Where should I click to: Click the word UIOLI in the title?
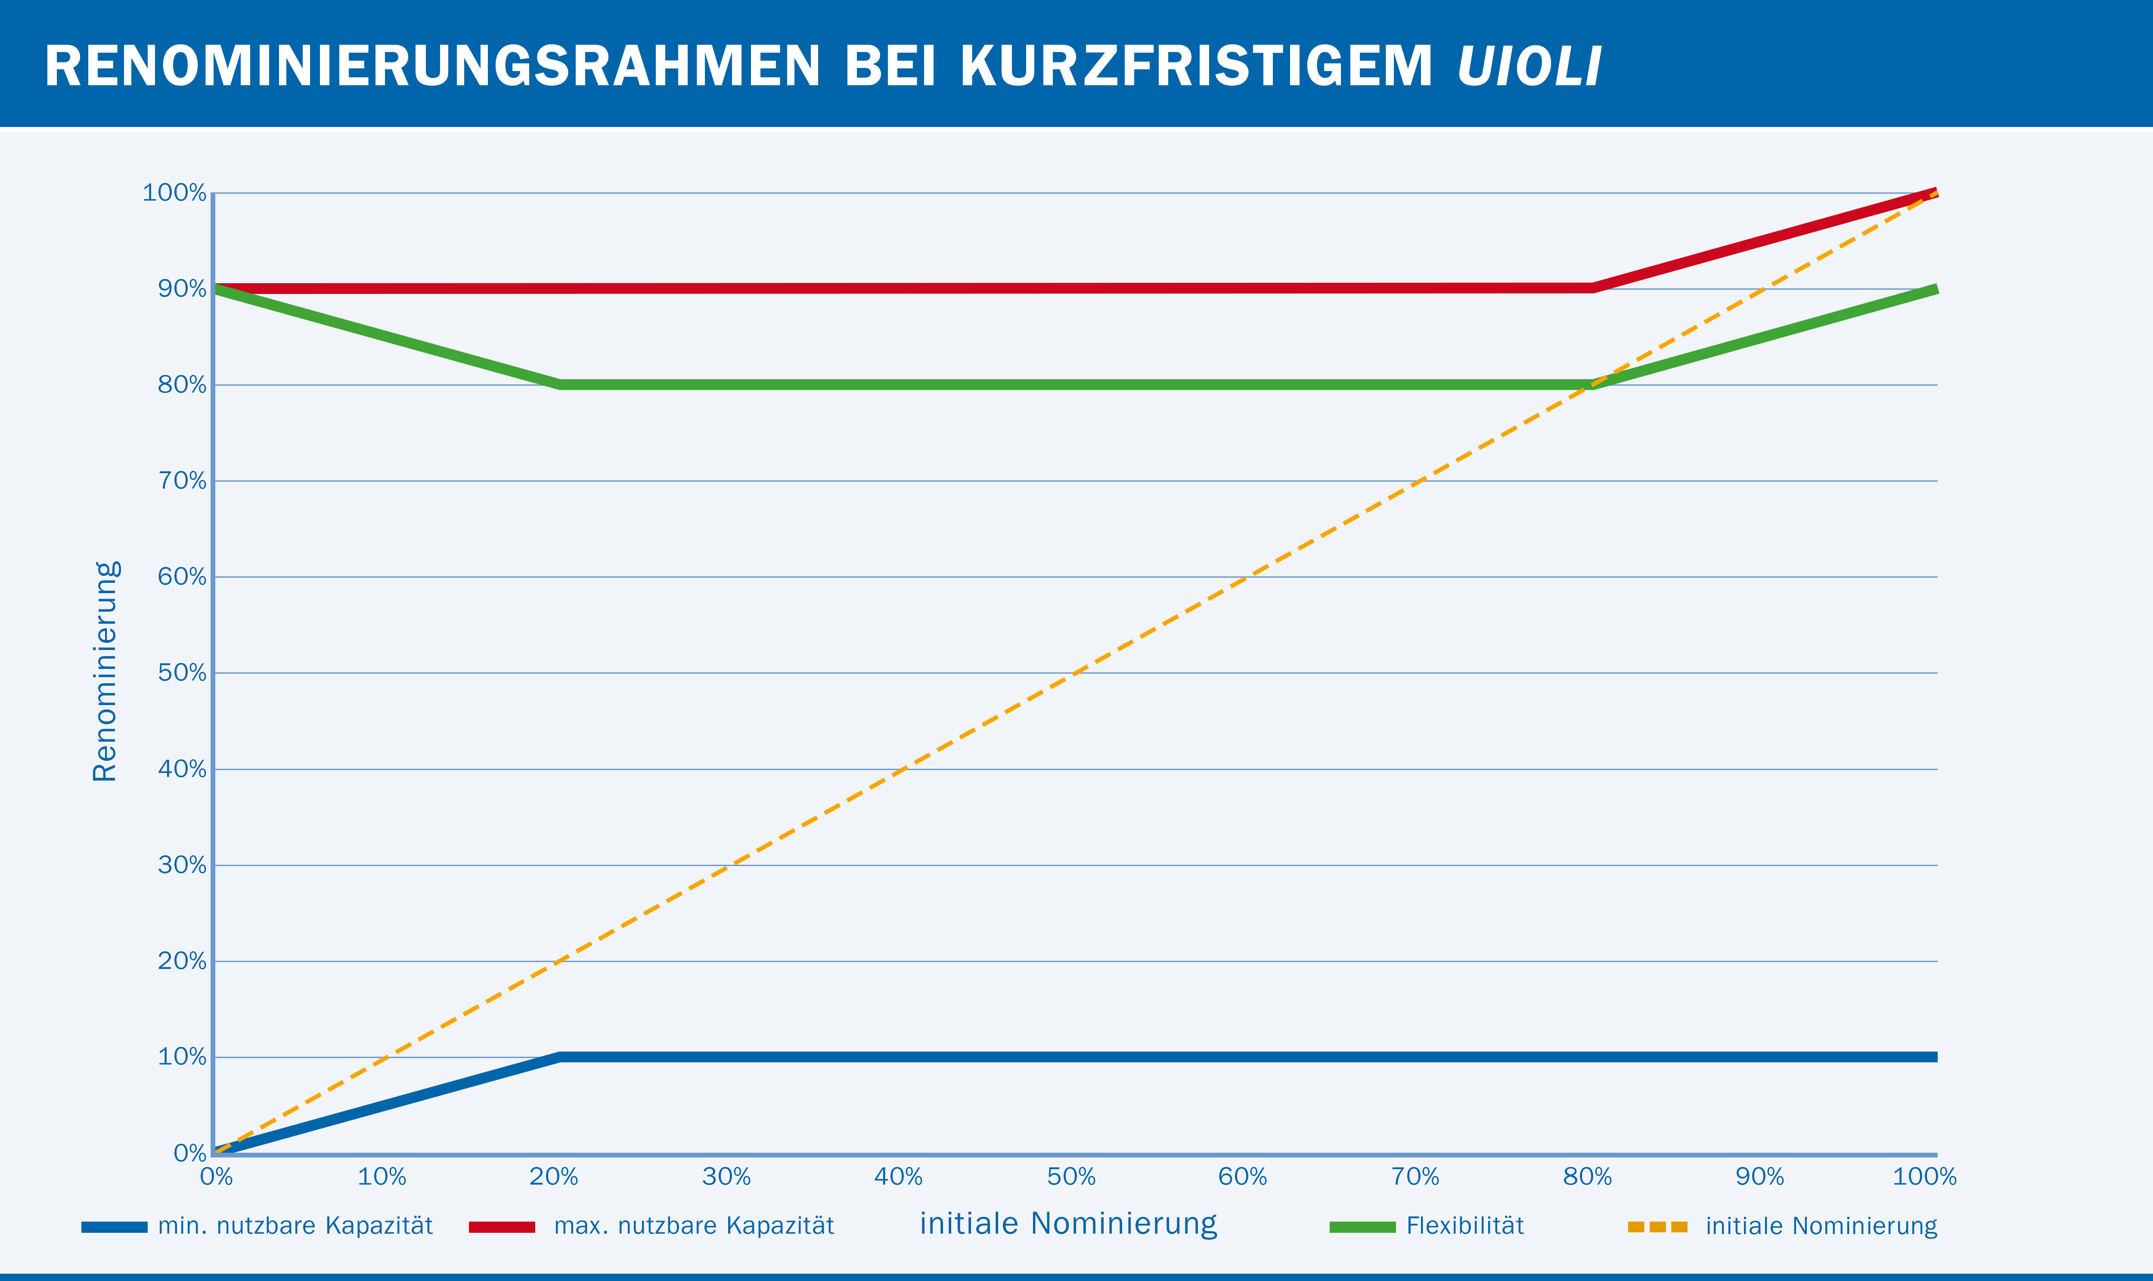click(x=1529, y=66)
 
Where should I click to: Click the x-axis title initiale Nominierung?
click(x=1068, y=1223)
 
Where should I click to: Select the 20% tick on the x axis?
click(x=553, y=1176)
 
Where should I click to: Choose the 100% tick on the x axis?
click(x=1924, y=1176)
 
